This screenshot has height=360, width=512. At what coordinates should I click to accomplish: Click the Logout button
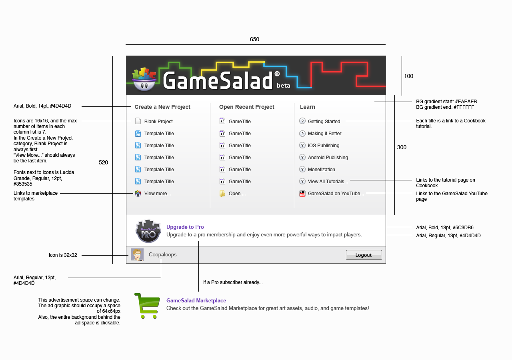pos(364,255)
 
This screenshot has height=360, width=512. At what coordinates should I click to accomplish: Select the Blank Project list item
pos(158,122)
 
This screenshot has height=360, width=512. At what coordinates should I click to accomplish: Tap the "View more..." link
pos(157,194)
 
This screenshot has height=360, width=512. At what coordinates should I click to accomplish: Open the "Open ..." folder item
pos(237,194)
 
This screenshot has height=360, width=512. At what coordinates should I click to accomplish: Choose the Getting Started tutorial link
pos(324,122)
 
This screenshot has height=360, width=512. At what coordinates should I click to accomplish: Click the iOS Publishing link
pos(323,146)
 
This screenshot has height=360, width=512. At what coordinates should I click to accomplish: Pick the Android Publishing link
pos(328,158)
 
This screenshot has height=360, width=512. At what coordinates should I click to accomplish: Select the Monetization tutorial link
pos(321,170)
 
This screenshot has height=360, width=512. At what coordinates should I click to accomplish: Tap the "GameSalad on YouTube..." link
pos(336,194)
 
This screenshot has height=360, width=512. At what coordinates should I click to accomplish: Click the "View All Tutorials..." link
pos(328,182)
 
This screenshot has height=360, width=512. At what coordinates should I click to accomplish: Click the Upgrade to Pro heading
pos(185,227)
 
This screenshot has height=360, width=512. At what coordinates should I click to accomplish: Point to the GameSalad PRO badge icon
pos(148,231)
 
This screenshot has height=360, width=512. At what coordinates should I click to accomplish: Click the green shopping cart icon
pos(147,306)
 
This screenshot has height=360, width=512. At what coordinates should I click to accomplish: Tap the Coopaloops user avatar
pos(137,255)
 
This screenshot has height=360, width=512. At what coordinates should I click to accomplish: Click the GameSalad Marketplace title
pos(196,300)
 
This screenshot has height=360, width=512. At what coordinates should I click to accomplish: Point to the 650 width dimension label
pos(254,39)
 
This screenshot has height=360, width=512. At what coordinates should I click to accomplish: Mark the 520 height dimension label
pos(103,162)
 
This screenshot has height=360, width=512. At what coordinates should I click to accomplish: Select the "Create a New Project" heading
pos(162,107)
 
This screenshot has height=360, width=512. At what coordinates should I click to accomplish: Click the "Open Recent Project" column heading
pos(246,107)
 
